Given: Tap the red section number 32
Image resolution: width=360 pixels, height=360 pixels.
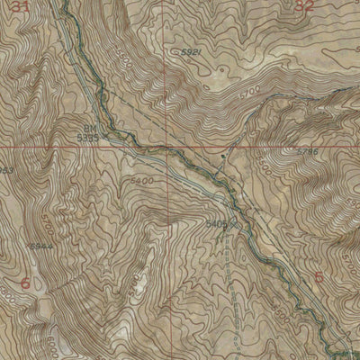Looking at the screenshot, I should [x=305, y=6].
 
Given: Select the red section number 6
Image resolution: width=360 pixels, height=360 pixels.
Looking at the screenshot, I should [x=24, y=284].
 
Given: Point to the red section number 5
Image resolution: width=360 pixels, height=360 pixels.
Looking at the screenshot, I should [x=319, y=276].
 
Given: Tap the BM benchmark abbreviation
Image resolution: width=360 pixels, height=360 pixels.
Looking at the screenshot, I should [x=90, y=128].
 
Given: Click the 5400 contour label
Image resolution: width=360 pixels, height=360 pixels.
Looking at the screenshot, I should [x=141, y=181].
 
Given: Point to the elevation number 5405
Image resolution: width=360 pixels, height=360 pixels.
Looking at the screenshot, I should [x=217, y=221].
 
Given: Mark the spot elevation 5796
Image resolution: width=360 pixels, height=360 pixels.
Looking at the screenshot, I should [x=308, y=154].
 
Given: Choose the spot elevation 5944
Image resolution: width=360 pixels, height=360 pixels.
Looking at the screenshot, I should [x=36, y=246].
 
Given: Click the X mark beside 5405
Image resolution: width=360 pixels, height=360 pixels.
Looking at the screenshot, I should [x=232, y=219].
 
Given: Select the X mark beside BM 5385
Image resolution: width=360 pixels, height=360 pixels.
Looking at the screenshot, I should [x=105, y=137].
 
